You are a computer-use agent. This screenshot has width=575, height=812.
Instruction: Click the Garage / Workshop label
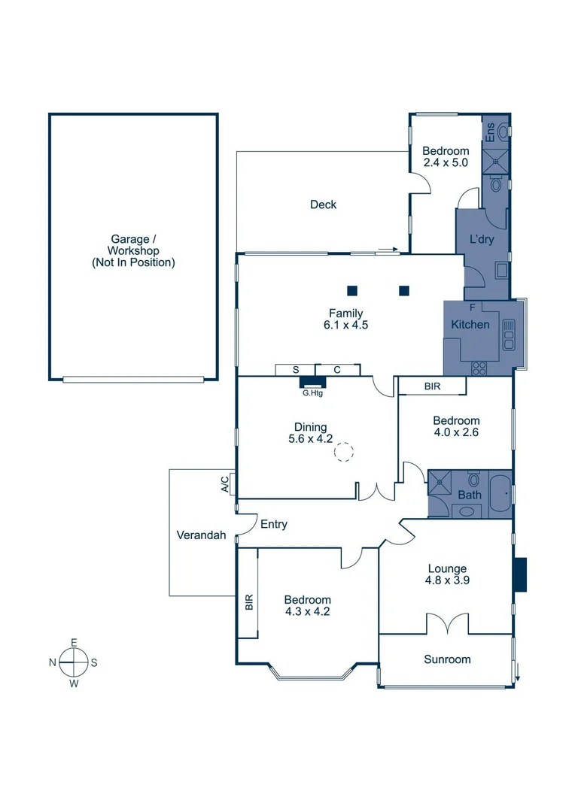pyautogui.click(x=133, y=251)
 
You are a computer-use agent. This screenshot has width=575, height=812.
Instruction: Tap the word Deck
pyautogui.click(x=323, y=205)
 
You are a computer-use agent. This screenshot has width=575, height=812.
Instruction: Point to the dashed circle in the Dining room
pyautogui.click(x=343, y=452)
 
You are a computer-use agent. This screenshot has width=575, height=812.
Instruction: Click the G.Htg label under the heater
pyautogui.click(x=312, y=392)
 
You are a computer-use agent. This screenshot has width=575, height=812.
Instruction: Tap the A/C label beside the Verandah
pyautogui.click(x=225, y=483)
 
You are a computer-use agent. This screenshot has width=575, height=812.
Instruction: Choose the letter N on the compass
pyautogui.click(x=52, y=663)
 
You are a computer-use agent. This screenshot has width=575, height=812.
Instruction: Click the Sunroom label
pyautogui.click(x=447, y=659)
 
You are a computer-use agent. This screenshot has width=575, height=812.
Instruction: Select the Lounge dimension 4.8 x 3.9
pyautogui.click(x=447, y=580)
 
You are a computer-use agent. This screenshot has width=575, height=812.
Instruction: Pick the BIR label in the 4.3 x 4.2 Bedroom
pyautogui.click(x=248, y=602)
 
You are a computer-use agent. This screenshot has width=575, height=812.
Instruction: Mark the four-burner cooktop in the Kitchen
pyautogui.click(x=478, y=368)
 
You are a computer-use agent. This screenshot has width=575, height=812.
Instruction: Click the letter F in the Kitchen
pyautogui.click(x=472, y=308)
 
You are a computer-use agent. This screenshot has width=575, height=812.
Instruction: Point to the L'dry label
pyautogui.click(x=481, y=239)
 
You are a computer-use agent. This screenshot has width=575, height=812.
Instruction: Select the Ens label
pyautogui.click(x=490, y=133)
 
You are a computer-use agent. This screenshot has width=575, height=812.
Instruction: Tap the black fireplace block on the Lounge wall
pyautogui.click(x=520, y=574)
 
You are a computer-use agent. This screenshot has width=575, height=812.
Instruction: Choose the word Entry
pyautogui.click(x=273, y=525)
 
